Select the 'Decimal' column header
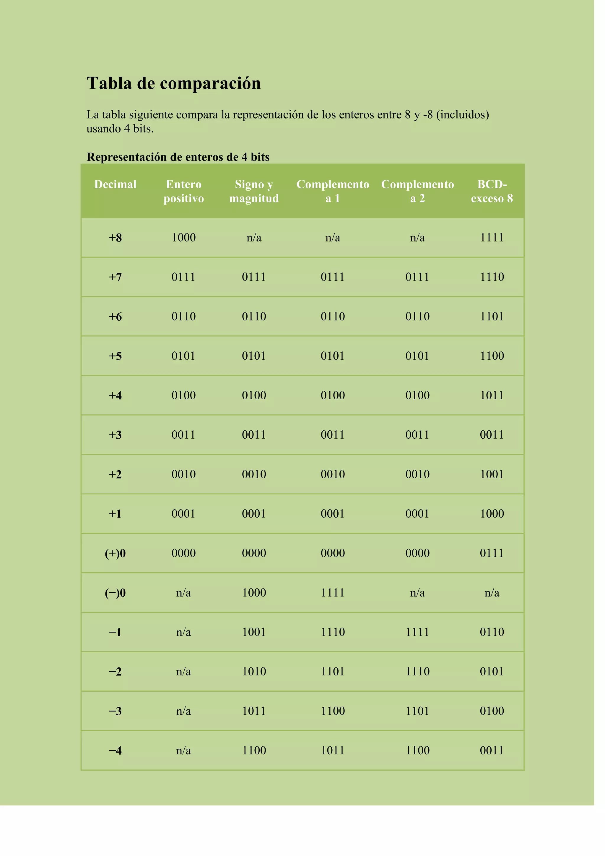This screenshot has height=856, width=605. coord(115,184)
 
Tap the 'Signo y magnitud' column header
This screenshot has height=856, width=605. coord(254,191)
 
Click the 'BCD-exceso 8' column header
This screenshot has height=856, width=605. coord(492,191)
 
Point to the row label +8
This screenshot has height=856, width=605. coord(115,237)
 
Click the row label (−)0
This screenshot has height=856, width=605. coord(115,593)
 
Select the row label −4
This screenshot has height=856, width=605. coord(115,750)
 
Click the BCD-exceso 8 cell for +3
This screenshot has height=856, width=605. coord(492,435)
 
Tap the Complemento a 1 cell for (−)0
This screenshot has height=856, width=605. coord(333,593)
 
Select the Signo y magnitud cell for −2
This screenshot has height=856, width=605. coord(254,672)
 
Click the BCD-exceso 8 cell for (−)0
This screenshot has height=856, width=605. coord(492,593)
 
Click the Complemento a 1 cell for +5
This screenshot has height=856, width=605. coord(333,356)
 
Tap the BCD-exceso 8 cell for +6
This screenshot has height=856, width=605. coord(492,317)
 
